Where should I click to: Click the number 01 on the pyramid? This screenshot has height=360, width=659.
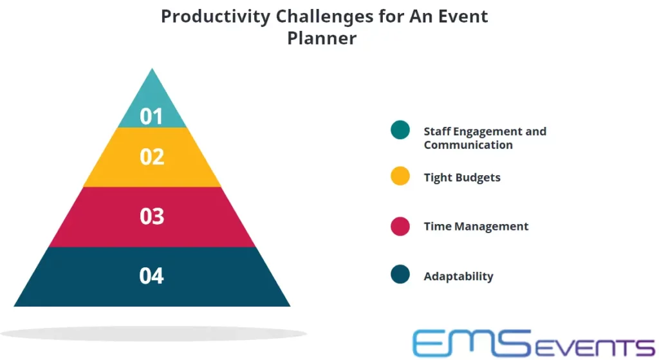click(151, 116)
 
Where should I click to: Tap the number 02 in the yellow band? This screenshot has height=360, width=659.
click(152, 156)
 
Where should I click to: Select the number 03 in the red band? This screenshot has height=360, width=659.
click(152, 216)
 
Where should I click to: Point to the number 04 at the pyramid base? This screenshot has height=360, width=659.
click(151, 276)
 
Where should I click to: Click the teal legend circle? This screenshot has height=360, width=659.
click(400, 130)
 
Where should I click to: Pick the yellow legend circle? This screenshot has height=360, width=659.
click(400, 176)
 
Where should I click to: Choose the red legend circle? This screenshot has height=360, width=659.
click(400, 226)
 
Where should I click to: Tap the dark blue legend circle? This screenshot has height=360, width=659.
click(400, 274)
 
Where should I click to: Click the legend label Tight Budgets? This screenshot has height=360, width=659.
click(462, 178)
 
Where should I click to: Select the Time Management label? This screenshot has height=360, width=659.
click(476, 227)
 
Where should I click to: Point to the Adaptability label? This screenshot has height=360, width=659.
click(458, 276)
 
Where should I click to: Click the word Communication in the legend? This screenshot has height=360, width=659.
click(469, 145)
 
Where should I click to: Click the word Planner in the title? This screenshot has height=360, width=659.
click(322, 38)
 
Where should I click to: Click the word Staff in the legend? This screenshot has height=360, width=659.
click(436, 131)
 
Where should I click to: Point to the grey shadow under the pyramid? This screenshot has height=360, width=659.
click(153, 334)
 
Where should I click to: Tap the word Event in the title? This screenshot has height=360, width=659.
click(463, 16)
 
